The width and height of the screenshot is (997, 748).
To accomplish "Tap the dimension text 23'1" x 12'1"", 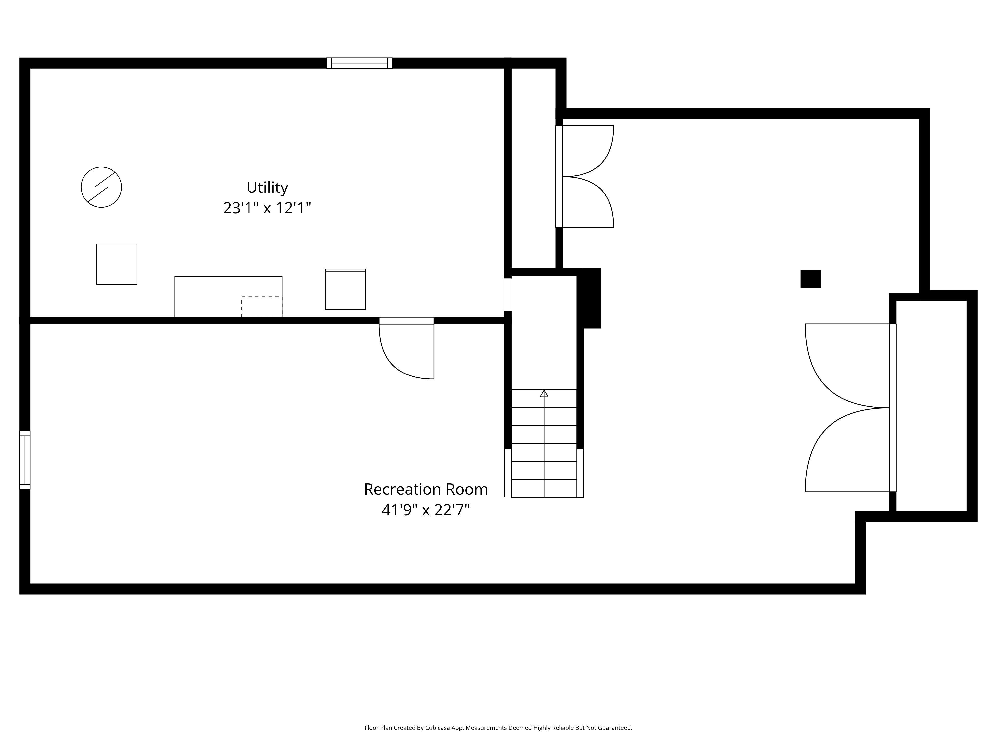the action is click(x=267, y=208).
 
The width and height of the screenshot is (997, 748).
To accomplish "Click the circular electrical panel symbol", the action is click(x=101, y=187).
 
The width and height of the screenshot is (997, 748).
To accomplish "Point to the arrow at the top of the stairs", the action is click(x=544, y=393).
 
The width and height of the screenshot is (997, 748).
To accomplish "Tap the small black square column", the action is click(x=810, y=279).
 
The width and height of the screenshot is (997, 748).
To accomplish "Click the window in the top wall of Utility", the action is click(x=359, y=63).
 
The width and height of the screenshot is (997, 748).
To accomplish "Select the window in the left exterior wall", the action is click(x=25, y=460).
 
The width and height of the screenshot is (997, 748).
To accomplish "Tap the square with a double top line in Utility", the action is click(x=345, y=289).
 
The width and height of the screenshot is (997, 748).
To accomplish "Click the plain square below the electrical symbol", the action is click(x=117, y=264).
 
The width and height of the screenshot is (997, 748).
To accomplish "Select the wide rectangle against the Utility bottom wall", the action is click(x=229, y=297).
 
